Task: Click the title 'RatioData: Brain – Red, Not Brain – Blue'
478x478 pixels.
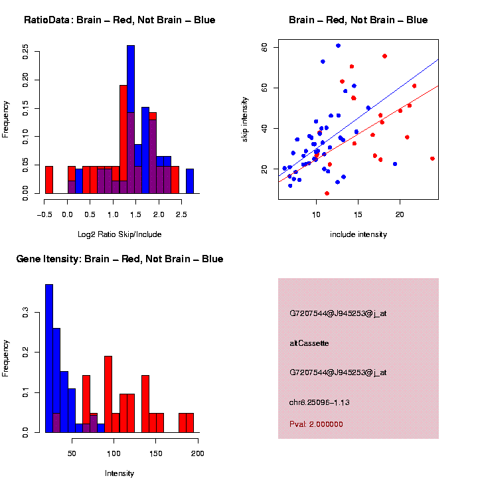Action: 119,20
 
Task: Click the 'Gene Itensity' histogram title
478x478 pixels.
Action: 119,259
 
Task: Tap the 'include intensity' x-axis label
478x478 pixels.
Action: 358,234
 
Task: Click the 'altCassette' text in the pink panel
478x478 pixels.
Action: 309,343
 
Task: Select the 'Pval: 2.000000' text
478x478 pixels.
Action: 316,424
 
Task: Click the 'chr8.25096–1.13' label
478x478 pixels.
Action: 319,402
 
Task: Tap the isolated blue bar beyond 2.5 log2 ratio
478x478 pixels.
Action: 190,181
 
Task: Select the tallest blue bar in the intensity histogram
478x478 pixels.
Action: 49,358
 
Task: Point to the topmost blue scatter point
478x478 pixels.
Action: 338,46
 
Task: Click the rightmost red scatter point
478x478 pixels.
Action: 432,159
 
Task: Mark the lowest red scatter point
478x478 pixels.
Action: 327,193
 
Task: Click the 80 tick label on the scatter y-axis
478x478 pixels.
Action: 264,47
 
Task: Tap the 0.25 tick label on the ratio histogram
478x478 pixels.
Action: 25,52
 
